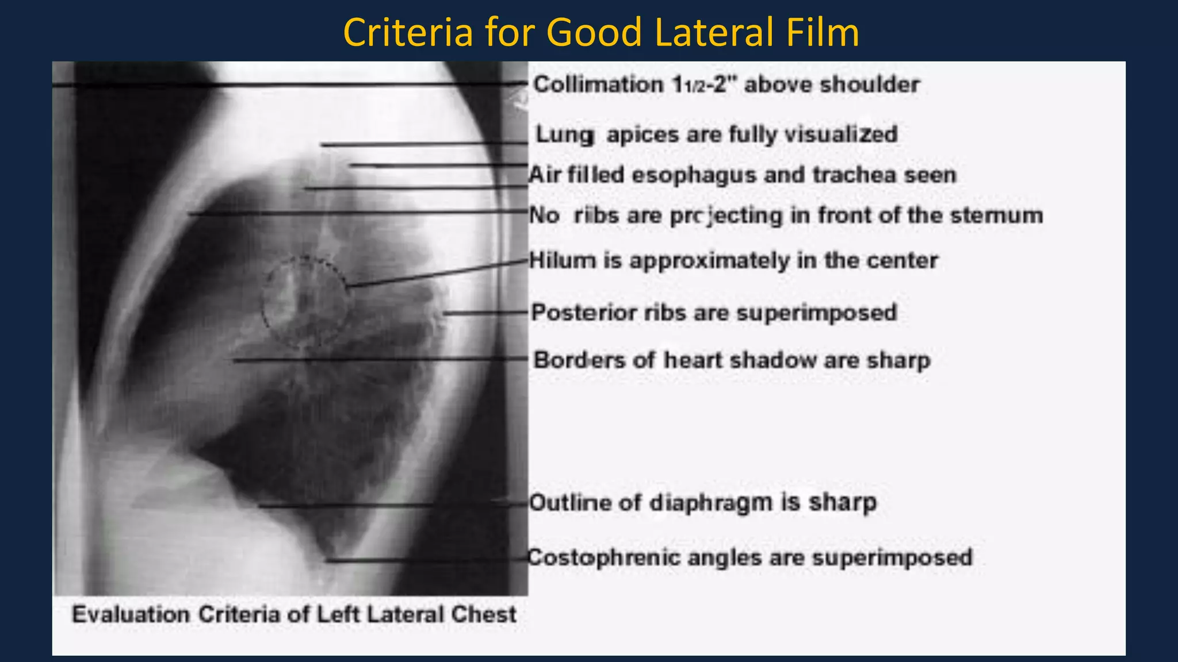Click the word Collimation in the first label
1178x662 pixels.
point(598,85)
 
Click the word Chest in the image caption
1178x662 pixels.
point(483,615)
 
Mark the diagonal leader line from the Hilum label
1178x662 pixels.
point(437,274)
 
